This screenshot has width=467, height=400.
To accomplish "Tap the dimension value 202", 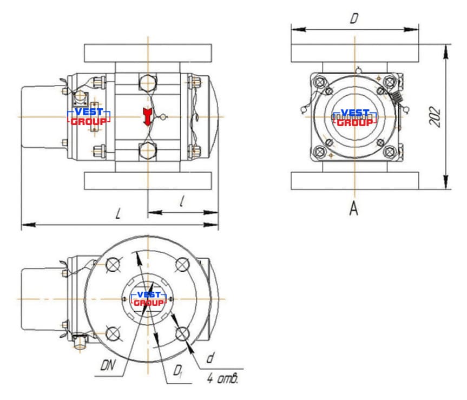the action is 435,117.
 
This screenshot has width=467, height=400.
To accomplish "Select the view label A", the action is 353,208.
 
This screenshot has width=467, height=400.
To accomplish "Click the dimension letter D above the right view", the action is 354,18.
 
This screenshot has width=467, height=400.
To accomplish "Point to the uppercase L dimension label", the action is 119,214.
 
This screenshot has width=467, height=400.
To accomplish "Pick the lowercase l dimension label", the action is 182,201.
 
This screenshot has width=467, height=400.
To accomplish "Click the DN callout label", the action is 108,365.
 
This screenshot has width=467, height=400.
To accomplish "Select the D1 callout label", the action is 178,371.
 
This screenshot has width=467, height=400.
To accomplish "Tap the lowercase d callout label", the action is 211,357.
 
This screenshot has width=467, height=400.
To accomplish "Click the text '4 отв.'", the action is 222,378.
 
